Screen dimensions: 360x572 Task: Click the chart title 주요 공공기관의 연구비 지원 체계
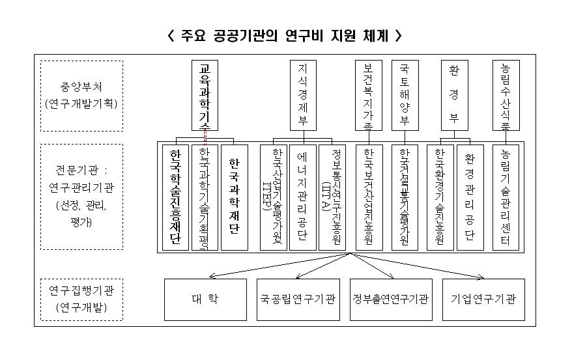coord(284,35)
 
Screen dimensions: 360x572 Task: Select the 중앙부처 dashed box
coord(81,96)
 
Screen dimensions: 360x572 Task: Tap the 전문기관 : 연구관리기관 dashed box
coord(81,197)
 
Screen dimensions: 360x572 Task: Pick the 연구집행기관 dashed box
coord(81,299)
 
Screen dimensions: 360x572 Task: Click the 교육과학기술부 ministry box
coord(205,95)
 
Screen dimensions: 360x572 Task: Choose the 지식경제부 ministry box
coord(302,95)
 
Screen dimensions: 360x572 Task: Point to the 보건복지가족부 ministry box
coord(369,95)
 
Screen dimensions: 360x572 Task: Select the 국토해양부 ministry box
coord(405,95)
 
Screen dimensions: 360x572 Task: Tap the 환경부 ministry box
coord(454,95)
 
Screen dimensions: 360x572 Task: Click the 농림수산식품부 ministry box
coord(506,95)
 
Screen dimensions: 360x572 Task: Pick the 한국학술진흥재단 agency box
coord(175,197)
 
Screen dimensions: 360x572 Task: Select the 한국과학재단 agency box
coord(234,197)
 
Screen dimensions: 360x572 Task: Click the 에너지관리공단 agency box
coord(302,197)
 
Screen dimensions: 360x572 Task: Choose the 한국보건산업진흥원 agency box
coord(369,197)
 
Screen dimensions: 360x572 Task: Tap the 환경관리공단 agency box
coord(470,197)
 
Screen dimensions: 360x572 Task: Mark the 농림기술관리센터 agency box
coord(506,197)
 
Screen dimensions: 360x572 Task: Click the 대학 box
coord(205,299)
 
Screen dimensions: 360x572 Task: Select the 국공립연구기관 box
coord(298,299)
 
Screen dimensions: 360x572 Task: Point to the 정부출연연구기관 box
coord(391,299)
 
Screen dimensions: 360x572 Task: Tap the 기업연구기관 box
coord(483,299)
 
